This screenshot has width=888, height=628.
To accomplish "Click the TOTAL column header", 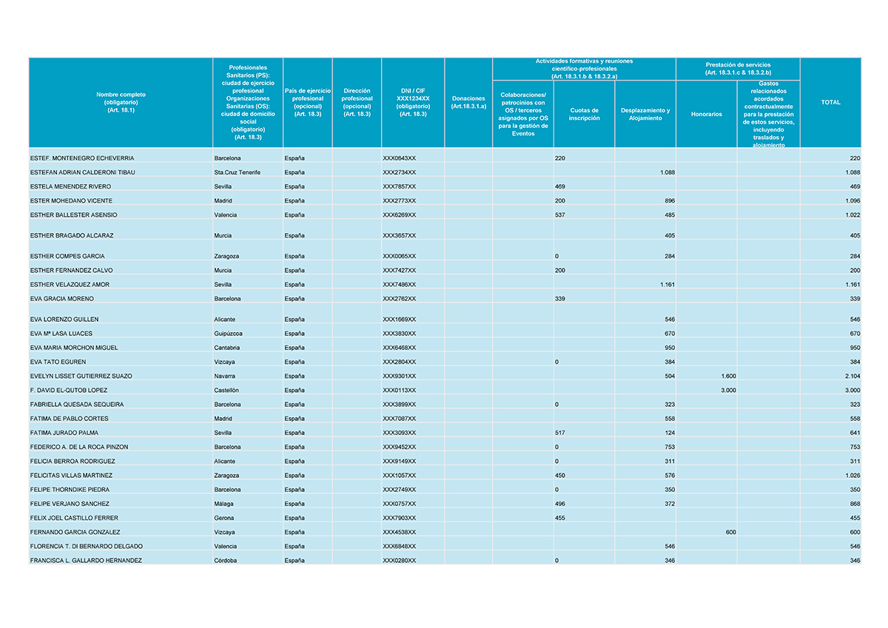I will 830,102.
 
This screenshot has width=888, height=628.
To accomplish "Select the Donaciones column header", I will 468,102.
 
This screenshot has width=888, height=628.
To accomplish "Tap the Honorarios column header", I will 706,114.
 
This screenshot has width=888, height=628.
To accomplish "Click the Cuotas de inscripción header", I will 584,114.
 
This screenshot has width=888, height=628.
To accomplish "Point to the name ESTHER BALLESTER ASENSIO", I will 73,215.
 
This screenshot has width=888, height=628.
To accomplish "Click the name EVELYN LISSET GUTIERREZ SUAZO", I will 81,376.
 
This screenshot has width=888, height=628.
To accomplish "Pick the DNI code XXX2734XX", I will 399,172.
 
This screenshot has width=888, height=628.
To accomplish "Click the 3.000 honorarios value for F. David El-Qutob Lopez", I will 728,390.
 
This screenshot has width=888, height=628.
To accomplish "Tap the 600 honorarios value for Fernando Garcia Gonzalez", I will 730,532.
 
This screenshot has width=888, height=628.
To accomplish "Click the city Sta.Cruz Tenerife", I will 236,172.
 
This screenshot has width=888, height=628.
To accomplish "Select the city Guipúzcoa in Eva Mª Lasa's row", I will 228,334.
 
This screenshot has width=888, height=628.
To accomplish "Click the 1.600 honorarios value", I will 728,376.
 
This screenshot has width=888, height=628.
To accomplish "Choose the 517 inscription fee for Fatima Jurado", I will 560,433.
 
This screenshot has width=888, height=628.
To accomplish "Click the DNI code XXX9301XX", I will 399,376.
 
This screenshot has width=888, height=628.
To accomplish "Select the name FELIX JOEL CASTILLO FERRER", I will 74,518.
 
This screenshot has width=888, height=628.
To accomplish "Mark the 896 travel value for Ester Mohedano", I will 668,200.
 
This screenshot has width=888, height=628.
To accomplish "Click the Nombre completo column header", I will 121,102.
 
